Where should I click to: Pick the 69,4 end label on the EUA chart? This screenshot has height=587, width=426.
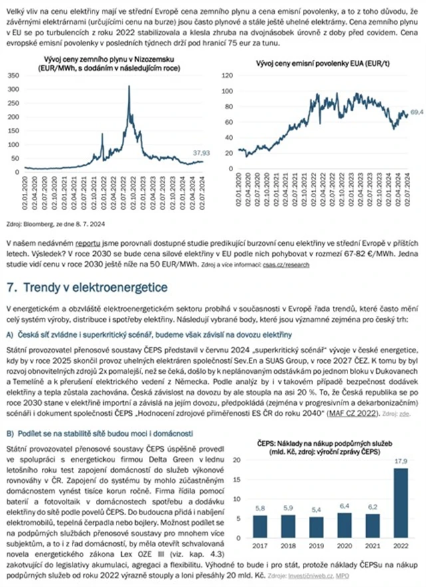[x=417, y=112]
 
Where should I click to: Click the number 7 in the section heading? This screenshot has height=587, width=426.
[x=9, y=288]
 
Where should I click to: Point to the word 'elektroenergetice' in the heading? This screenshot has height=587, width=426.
[x=128, y=288]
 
